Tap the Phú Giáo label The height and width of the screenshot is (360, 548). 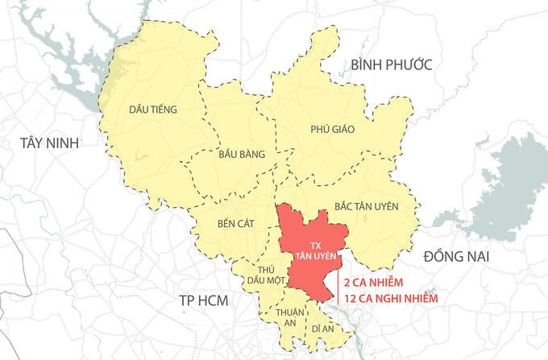point(333,128)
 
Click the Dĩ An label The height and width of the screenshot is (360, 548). point(322,328)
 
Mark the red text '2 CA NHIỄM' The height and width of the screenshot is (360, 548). point(376,283)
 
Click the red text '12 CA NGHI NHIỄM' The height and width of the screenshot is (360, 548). point(394,300)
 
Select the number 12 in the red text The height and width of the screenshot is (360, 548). point(350,300)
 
